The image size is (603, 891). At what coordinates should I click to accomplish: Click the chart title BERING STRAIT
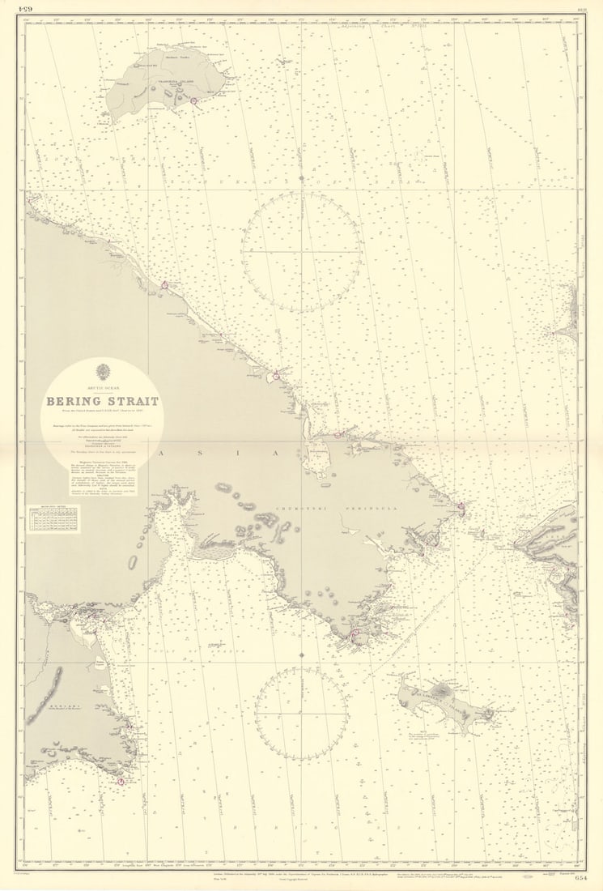102,402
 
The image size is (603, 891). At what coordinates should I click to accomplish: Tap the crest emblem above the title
102,373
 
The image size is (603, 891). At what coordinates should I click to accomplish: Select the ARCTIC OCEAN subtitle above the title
102,390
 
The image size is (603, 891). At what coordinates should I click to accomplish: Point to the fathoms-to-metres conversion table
53,519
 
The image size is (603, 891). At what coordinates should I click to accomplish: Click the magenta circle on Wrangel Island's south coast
193,100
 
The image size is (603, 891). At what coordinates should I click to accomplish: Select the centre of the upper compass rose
301,252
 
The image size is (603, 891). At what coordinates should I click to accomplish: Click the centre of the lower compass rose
301,714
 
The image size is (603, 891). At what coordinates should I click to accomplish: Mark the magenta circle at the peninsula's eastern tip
461,508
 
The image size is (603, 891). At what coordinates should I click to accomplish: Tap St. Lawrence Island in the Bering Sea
445,701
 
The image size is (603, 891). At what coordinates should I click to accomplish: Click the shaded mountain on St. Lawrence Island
441,690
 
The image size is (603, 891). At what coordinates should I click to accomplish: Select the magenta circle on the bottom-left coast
120,782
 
